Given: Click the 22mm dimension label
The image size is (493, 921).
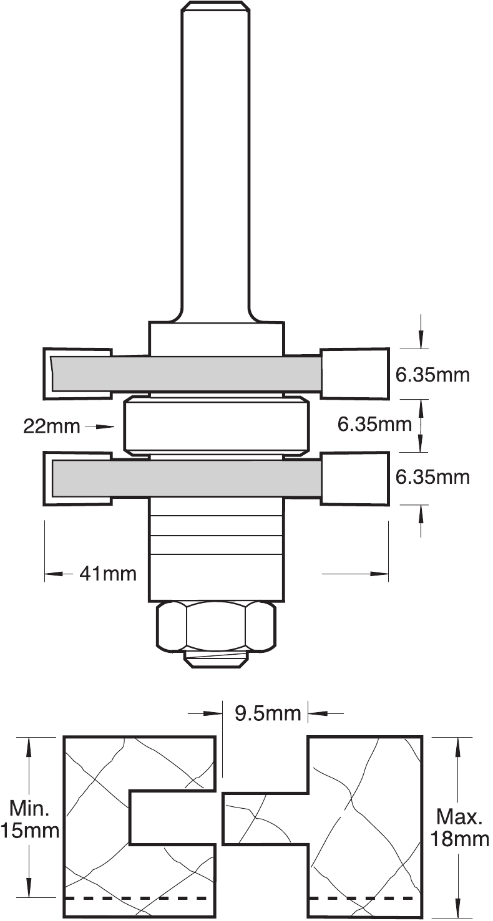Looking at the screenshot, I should point(51,427).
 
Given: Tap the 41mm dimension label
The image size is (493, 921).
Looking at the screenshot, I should point(107,573).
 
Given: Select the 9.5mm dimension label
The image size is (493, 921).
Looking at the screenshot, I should point(267,713).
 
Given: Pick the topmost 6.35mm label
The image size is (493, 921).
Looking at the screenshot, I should point(432,375).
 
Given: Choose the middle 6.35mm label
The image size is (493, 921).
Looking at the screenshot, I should point(374,425).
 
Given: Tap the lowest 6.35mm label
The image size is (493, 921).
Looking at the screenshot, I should point(432,478).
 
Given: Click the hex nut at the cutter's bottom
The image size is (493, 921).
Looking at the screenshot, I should point(216,626).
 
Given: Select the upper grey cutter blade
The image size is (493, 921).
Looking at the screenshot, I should point(187,372).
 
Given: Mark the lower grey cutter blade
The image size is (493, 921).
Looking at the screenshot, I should point(187,477).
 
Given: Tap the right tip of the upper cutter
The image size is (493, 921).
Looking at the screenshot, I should point(354,373).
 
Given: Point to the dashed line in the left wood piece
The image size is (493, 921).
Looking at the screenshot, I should point(136,898).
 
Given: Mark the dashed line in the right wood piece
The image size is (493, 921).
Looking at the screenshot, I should point(362,898).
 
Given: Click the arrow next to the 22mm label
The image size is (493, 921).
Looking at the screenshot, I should point(100,427).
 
